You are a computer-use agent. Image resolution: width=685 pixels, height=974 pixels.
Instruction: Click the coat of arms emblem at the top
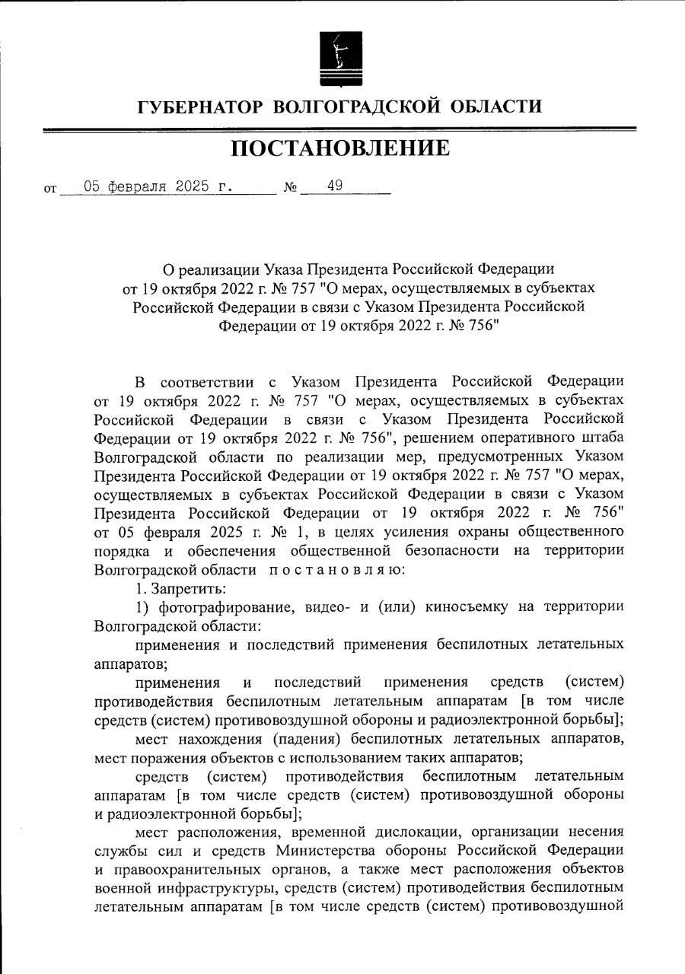click(x=340, y=58)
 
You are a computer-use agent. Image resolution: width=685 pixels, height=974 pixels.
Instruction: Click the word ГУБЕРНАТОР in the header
click(x=199, y=107)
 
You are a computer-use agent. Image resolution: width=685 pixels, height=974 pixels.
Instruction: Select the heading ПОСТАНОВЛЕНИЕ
click(x=340, y=148)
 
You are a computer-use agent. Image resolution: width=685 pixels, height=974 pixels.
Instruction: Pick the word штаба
click(x=603, y=438)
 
